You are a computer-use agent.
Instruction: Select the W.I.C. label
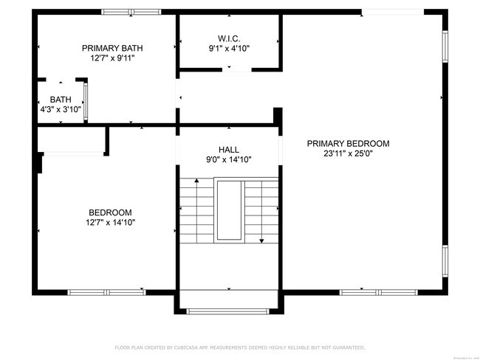229,38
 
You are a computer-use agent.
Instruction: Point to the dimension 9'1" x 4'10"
229,49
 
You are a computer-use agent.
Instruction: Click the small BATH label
61,100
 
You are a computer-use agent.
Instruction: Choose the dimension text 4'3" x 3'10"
61,109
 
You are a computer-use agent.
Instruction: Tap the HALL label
228,149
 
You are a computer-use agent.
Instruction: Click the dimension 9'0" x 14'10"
228,159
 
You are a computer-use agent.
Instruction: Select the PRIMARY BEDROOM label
348,144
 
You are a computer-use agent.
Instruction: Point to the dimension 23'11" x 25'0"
348,154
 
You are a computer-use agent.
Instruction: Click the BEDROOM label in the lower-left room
110,212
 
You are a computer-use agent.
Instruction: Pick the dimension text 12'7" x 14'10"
110,222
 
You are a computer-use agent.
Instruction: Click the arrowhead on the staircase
261,240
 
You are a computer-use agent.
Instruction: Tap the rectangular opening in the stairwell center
228,211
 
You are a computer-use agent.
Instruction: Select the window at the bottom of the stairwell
228,311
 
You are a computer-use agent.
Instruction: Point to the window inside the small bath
86,102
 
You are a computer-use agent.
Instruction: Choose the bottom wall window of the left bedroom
107,292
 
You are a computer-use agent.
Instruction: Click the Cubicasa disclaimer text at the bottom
240,347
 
